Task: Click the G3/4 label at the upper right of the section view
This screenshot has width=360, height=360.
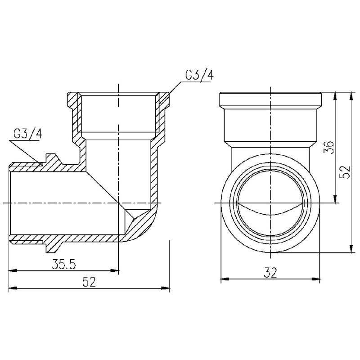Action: pyautogui.click(x=198, y=76)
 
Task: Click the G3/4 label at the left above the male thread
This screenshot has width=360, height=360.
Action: pyautogui.click(x=28, y=134)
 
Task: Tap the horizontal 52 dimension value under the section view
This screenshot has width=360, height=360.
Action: pyautogui.click(x=90, y=282)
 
